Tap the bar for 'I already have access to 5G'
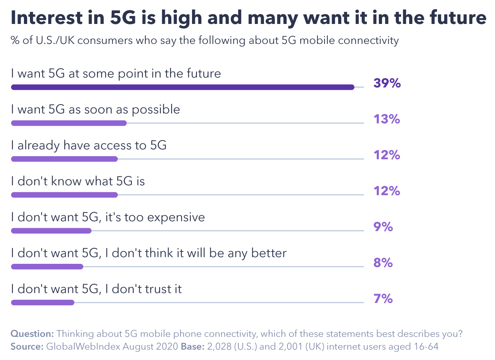(64, 159)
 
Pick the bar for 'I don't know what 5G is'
(64, 195)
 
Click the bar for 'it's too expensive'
(51, 231)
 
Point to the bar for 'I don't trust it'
(43, 303)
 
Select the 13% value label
(387, 119)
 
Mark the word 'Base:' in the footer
(192, 346)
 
